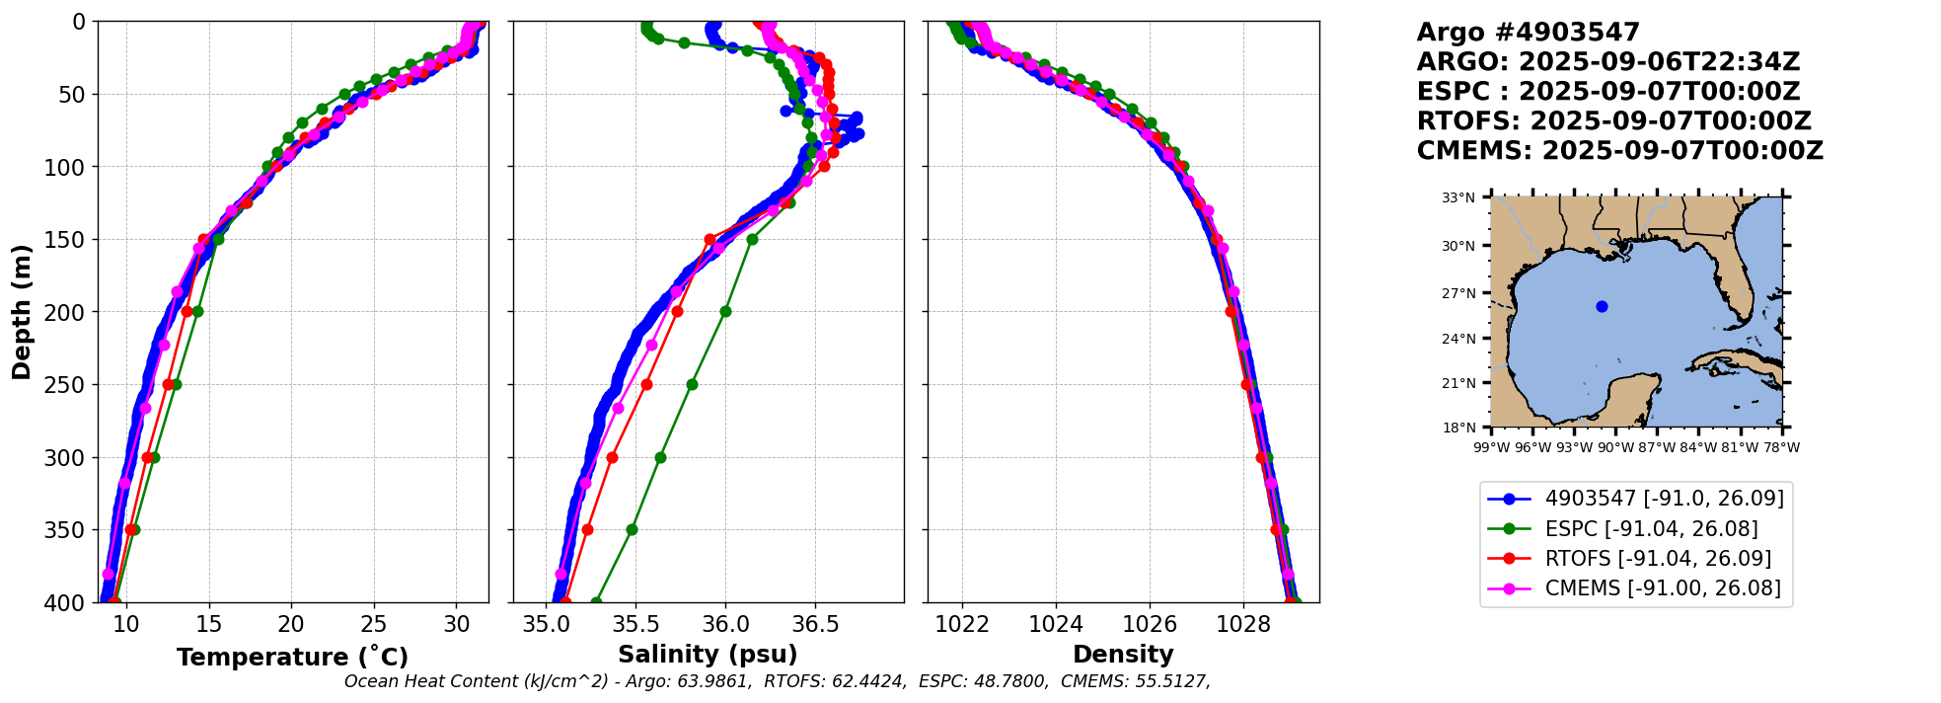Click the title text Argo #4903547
[x=1528, y=33]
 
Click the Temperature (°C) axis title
[x=292, y=658]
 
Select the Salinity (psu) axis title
[x=708, y=655]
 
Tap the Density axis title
[x=1123, y=655]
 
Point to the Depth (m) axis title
[x=22, y=311]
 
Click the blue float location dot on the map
[x=1602, y=306]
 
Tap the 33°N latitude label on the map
[x=1458, y=197]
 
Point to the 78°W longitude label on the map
[x=1782, y=447]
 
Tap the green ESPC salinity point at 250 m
[x=692, y=384]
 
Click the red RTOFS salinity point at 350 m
[x=587, y=529]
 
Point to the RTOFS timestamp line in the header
[x=1613, y=121]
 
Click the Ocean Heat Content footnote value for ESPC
[x=1015, y=681]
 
